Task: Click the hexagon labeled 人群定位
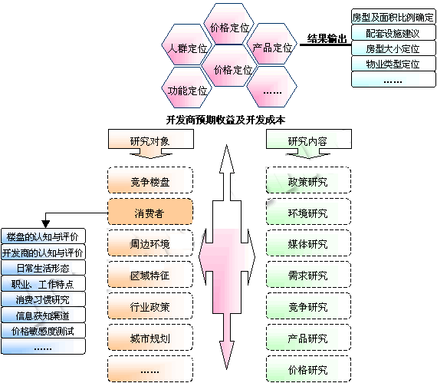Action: (x=186, y=45)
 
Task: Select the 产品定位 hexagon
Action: (x=271, y=44)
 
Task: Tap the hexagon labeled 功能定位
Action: (x=186, y=87)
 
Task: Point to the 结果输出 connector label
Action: (x=327, y=38)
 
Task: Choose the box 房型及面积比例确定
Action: (x=393, y=17)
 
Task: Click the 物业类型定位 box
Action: (x=393, y=64)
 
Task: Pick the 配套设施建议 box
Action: (x=393, y=33)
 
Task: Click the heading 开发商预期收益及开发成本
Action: (x=225, y=120)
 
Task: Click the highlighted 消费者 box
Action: (x=150, y=211)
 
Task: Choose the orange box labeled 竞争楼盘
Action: (x=150, y=180)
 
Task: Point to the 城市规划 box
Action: (x=150, y=337)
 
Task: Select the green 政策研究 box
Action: (x=308, y=180)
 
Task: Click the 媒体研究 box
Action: (x=308, y=243)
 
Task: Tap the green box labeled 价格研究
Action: (x=308, y=368)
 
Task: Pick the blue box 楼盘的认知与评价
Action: (x=43, y=236)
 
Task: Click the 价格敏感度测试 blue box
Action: (x=43, y=331)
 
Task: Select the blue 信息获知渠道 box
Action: (x=43, y=315)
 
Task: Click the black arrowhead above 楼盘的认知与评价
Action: (x=45, y=223)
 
